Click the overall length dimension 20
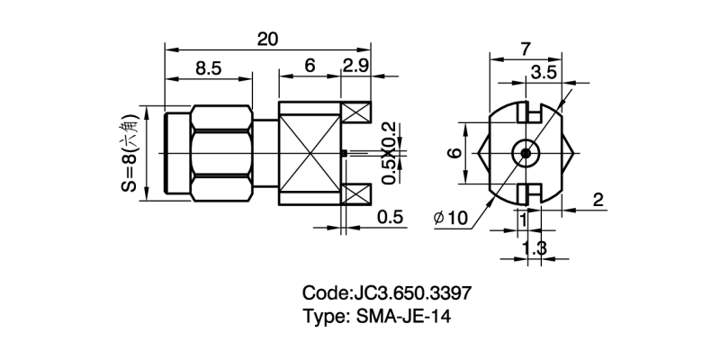coord(267,39)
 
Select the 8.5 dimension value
coord(208,66)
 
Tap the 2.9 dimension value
coord(356,66)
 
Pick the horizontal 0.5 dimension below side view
coord(390,217)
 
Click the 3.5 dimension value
coord(543,71)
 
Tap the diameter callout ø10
coord(450,218)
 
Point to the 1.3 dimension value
coord(535,248)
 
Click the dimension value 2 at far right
coord(598,200)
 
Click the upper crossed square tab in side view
coord(357,114)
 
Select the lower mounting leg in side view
coord(356,193)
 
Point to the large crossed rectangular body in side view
coord(310,153)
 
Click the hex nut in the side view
coord(223,153)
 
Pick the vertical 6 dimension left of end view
coord(456,153)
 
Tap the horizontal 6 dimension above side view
coord(310,66)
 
